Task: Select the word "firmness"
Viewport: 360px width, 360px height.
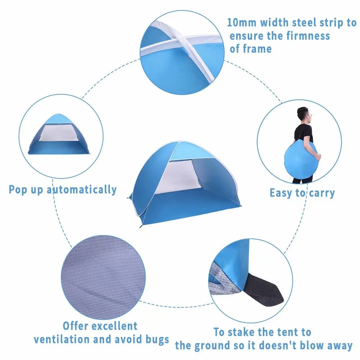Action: [308, 36]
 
